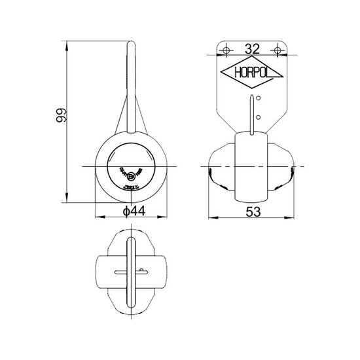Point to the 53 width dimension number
pos(253,211)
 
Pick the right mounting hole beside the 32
pos(279,49)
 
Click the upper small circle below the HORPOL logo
pos(260,99)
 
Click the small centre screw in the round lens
pos(132,175)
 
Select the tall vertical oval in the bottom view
pos(132,272)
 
